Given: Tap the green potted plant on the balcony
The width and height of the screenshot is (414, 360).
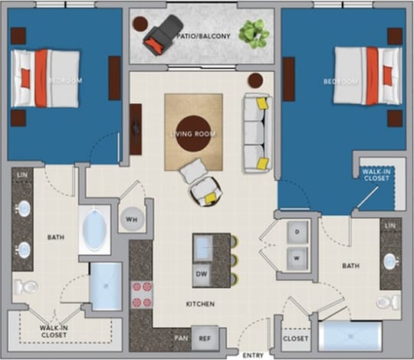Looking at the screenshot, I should click(252, 34).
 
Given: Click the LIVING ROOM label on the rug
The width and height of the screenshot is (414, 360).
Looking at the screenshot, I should click(193, 133).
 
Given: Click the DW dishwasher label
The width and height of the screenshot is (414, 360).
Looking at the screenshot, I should click(202, 273).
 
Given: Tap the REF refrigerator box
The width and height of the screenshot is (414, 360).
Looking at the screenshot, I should click(205, 337).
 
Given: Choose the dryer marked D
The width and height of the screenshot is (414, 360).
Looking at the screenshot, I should click(297, 231).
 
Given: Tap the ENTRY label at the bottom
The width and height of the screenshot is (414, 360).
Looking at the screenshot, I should click(253, 355).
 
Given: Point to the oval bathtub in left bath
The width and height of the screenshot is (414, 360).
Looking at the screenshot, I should click(96, 230).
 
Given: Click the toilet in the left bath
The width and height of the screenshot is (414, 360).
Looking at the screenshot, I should click(27, 287).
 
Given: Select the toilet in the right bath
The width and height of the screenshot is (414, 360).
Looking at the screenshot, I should click(388, 301).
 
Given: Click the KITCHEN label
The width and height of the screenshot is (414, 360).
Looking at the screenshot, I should click(199, 304).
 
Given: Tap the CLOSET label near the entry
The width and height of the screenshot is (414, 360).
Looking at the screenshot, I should click(296, 338).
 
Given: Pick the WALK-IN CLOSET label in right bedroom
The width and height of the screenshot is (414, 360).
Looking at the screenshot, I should click(376, 174).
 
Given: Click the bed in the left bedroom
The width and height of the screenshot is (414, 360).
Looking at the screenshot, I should click(44, 78).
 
